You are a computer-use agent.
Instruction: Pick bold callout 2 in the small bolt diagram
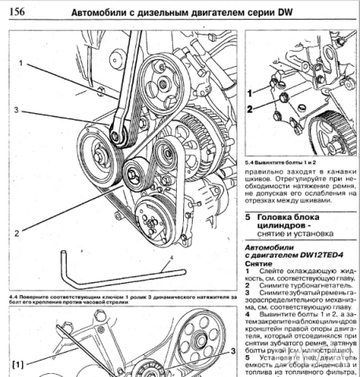[249, 112]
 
